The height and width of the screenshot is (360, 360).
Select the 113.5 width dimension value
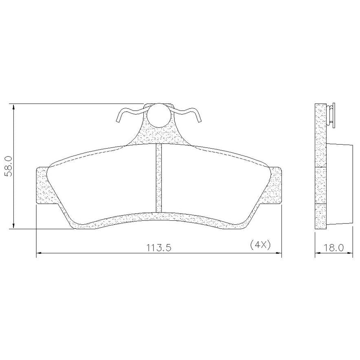159,248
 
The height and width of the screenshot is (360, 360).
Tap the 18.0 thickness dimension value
334,248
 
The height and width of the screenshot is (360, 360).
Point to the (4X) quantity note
260,245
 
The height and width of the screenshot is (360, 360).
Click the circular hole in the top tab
159,115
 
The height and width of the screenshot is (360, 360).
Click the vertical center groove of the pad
159,178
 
